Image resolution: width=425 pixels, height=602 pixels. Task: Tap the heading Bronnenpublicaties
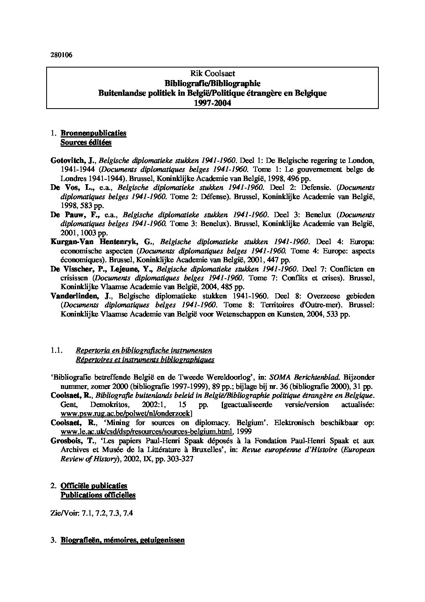pyautogui.click(x=93, y=133)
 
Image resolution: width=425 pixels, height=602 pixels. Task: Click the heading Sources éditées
pyautogui.click(x=86, y=142)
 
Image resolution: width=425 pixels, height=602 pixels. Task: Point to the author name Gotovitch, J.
pyautogui.click(x=72, y=160)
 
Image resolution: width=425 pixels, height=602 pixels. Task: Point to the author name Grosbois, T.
pyautogui.click(x=73, y=441)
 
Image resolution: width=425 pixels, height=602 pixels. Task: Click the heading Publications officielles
pyautogui.click(x=98, y=495)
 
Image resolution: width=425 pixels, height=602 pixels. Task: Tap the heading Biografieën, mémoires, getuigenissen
pyautogui.click(x=122, y=540)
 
